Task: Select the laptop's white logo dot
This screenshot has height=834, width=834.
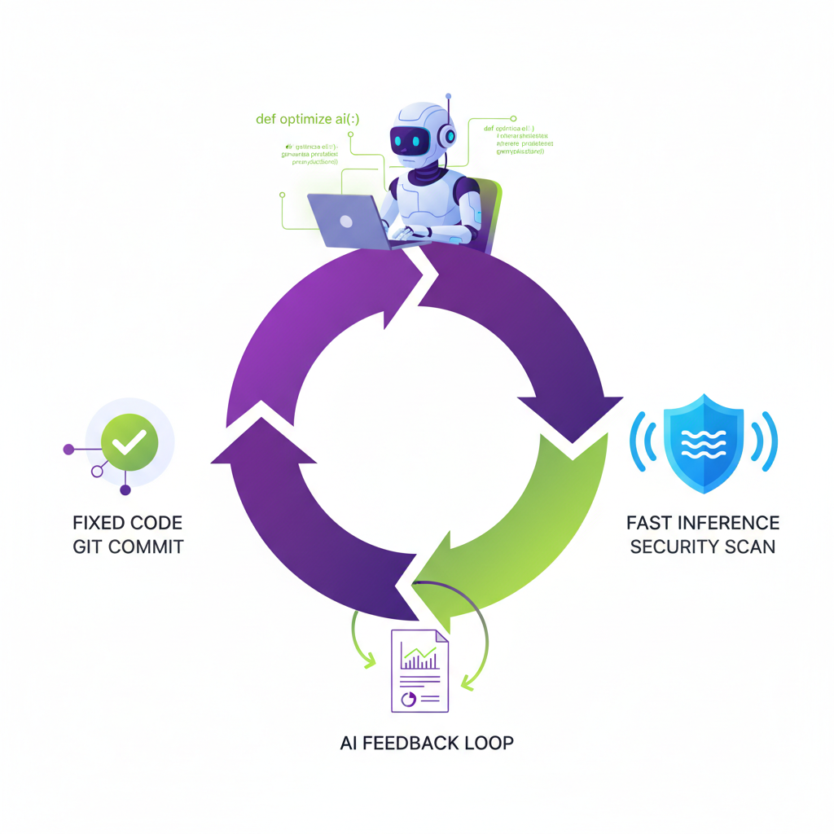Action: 345,221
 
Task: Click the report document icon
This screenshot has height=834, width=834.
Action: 420,669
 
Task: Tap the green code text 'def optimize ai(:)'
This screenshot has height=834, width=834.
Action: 307,120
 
